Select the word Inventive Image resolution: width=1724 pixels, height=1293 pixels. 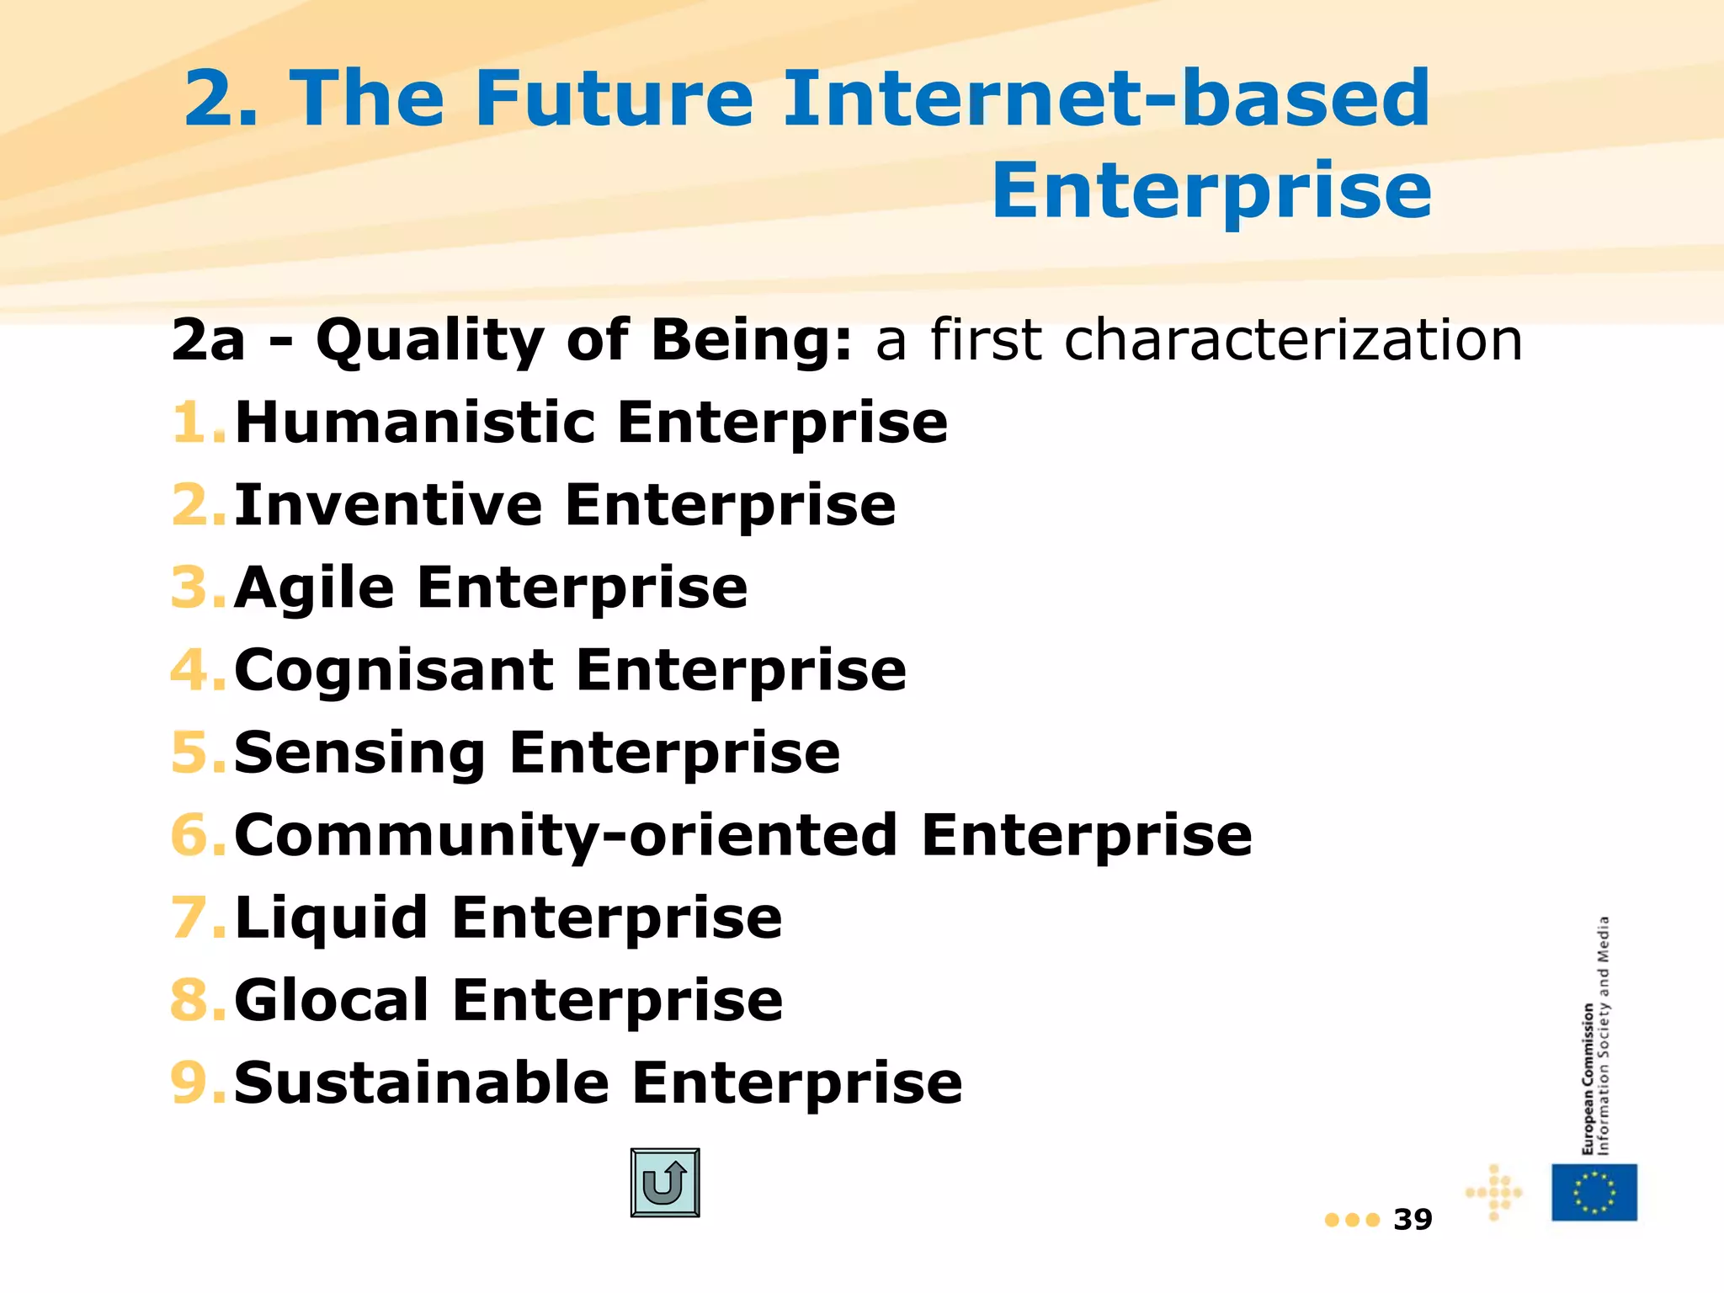[388, 504]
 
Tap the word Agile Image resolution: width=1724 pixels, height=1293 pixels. [315, 587]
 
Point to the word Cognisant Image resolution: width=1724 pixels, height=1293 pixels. [394, 670]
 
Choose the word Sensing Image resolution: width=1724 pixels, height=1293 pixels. [359, 752]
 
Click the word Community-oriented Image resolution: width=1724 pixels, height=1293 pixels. [566, 835]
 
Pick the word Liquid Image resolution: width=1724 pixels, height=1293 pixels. [332, 918]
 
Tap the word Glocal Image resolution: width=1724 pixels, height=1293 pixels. [333, 1000]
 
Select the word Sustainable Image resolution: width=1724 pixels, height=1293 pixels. [422, 1083]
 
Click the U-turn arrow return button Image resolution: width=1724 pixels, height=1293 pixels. [665, 1183]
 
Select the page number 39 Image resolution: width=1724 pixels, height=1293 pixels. [1413, 1220]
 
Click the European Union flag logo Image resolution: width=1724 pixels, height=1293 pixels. [1594, 1192]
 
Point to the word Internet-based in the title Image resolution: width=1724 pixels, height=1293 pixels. [1106, 98]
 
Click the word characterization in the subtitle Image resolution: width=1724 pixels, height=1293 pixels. [1293, 340]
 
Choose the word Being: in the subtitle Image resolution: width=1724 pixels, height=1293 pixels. [752, 340]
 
